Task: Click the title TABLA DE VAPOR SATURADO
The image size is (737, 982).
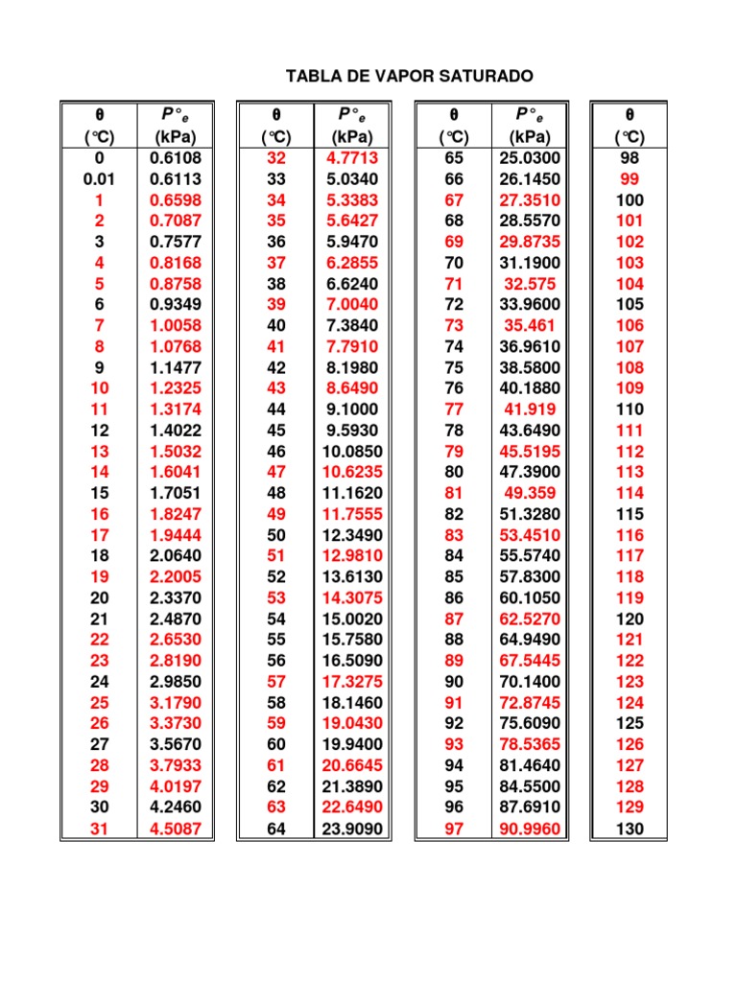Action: pos(411,76)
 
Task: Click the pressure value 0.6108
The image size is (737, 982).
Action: pos(176,158)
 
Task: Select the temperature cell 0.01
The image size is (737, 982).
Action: pos(100,179)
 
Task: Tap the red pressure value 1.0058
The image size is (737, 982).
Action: pos(176,325)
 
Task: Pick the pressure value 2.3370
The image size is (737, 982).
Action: pos(176,597)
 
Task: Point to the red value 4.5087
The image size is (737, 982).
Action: pos(176,830)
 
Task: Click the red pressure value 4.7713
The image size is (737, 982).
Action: pos(352,158)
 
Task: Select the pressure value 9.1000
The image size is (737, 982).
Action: pos(352,409)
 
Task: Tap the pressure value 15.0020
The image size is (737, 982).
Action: pos(351,620)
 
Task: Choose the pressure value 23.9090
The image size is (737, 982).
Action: pos(351,830)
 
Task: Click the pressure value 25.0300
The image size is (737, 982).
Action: pos(530,158)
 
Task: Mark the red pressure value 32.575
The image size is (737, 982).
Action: pos(530,284)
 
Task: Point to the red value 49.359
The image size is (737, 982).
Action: pos(530,494)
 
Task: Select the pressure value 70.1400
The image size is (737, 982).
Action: pos(530,682)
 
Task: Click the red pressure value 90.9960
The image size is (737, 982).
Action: pos(530,830)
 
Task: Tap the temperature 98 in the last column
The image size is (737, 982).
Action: pos(630,158)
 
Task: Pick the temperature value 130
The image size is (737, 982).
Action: pos(630,830)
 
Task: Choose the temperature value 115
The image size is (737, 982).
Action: pos(630,514)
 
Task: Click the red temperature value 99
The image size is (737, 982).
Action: pos(630,179)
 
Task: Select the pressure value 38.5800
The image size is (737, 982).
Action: pos(530,367)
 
